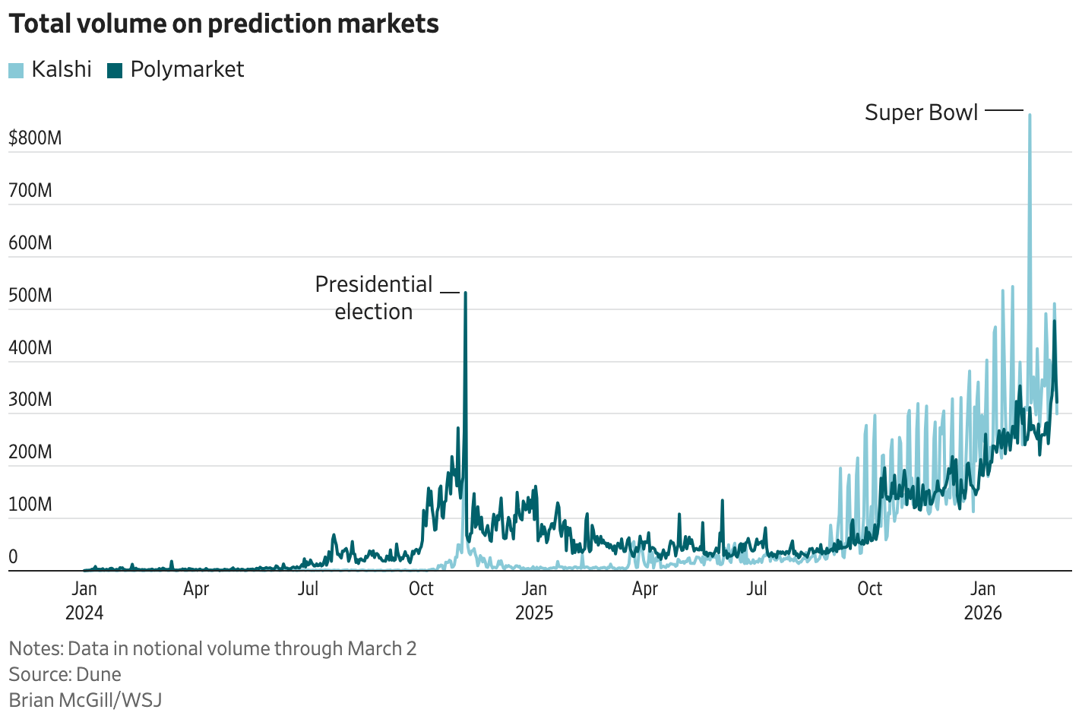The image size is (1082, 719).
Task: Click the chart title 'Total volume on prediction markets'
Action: point(223,24)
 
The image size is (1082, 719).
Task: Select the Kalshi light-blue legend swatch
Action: point(16,70)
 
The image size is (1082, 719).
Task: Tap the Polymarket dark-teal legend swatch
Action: point(115,70)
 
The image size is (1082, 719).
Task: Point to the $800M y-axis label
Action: point(35,138)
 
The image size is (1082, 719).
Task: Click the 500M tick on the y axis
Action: point(30,296)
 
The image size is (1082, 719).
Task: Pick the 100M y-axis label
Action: point(30,505)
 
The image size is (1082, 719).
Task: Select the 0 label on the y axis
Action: point(13,557)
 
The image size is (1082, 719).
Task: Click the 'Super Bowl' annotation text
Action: point(921,112)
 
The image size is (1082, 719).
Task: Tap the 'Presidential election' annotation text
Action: point(374,297)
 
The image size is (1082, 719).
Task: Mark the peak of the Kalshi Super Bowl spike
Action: point(1030,115)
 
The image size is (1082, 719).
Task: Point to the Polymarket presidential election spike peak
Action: point(465,293)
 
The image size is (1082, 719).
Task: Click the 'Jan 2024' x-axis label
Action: point(84,600)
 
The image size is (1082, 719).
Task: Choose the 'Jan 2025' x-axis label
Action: point(534,600)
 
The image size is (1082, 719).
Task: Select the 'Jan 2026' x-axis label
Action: point(982,600)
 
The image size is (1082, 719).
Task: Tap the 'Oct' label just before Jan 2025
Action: point(421,588)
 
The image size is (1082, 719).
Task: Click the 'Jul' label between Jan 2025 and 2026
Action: point(757,588)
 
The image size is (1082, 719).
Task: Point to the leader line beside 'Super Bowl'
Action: point(1004,111)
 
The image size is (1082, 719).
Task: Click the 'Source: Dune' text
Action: point(65,674)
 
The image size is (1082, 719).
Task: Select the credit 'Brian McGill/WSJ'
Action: point(85,700)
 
